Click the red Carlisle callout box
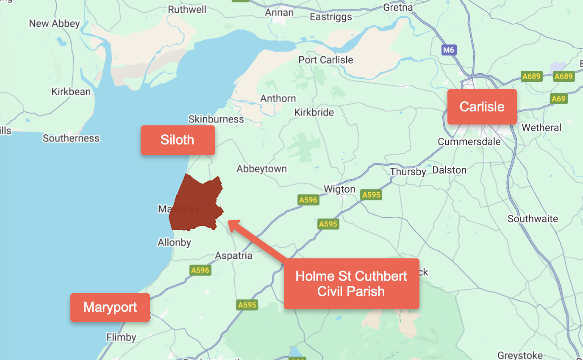[482, 107]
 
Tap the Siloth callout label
[178, 140]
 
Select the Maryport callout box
[110, 307]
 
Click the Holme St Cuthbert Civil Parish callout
[351, 284]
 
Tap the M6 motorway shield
[448, 50]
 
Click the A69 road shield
[558, 99]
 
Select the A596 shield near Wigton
[308, 200]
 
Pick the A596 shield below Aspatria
[200, 270]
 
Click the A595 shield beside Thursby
[371, 195]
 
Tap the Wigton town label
[339, 189]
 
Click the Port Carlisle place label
[325, 60]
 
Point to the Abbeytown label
[261, 169]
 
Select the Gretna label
[397, 7]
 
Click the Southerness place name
[71, 138]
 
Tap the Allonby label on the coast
[174, 243]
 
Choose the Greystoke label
[520, 355]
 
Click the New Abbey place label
[54, 24]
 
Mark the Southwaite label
[533, 219]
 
